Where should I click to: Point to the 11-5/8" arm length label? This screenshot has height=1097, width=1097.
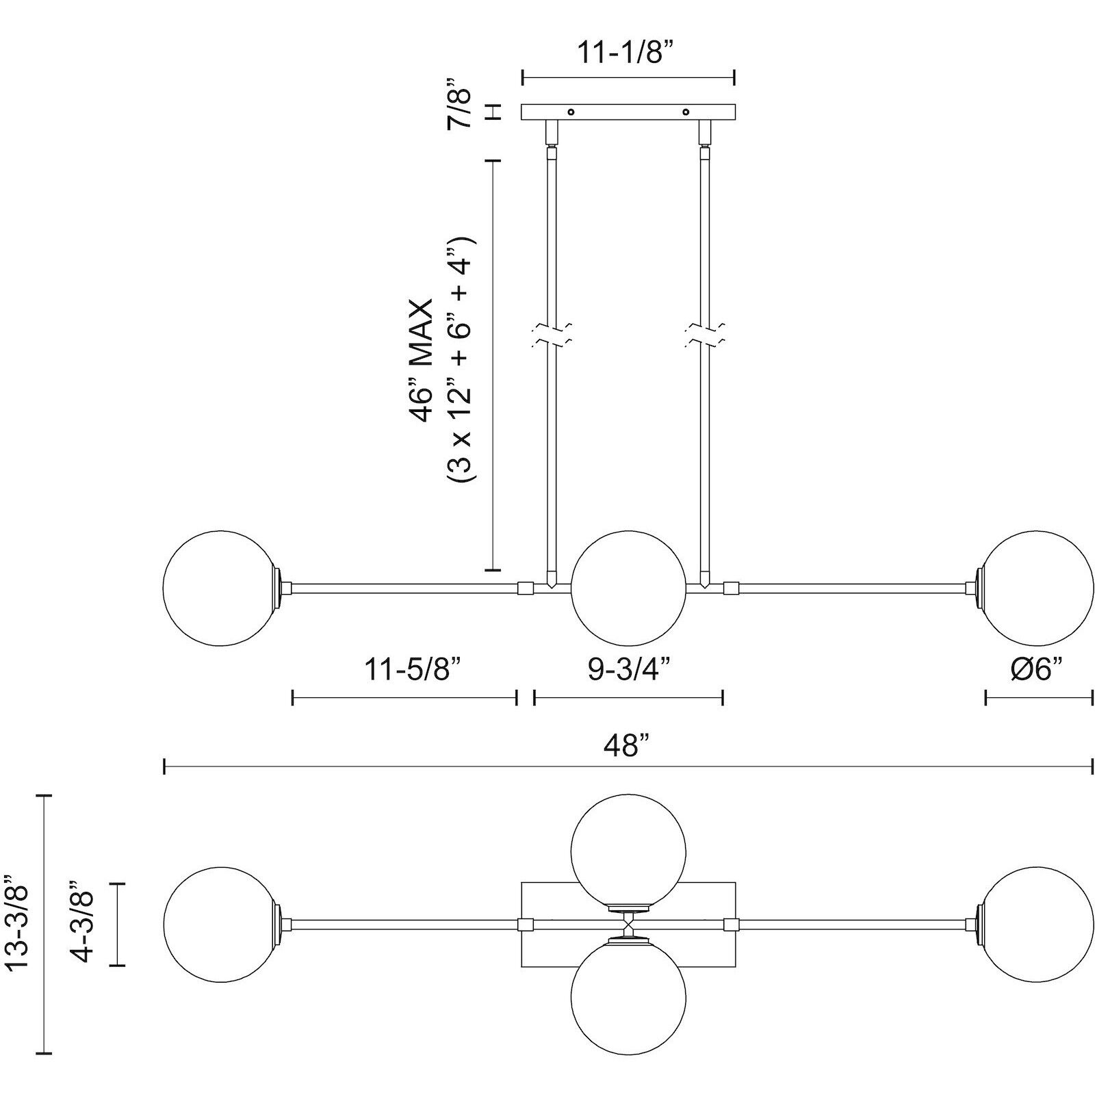coord(417,669)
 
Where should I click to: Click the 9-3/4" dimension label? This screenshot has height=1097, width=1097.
coord(628,669)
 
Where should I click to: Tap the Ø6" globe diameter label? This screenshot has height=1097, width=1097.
coord(1038,669)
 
